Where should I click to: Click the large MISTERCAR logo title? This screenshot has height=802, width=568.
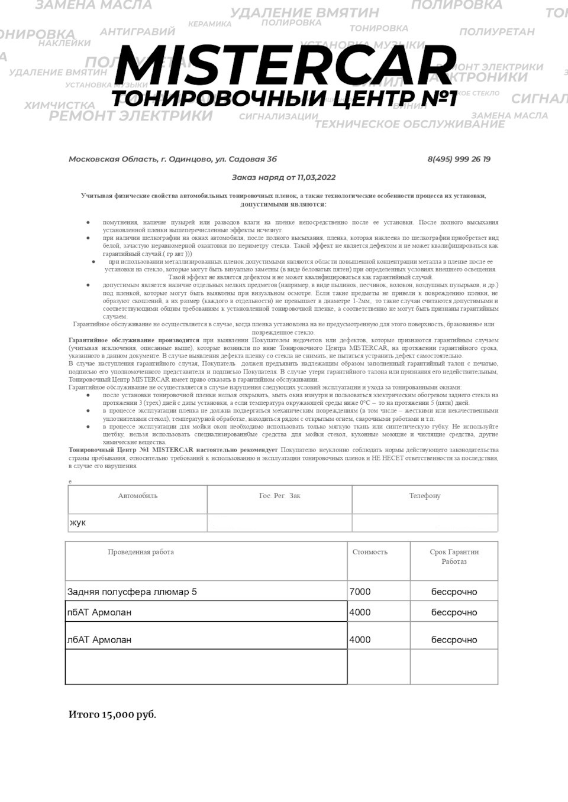pos(285,65)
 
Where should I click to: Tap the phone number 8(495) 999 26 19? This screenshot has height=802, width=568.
pos(459,159)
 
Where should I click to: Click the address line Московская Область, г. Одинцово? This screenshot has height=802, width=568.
pos(172,159)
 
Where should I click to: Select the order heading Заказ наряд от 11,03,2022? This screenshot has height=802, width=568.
pos(283,177)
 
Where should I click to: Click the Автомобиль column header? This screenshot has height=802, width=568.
pos(138,496)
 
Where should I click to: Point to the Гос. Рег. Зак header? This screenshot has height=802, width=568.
pos(279,496)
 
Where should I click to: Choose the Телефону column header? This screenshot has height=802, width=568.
pos(425,496)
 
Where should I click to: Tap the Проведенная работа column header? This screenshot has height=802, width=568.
pos(141,552)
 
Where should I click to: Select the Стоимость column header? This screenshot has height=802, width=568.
pos(370,552)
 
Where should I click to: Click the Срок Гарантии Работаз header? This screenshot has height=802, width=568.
pos(454,557)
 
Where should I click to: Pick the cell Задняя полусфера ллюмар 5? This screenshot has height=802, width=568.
pos(132,592)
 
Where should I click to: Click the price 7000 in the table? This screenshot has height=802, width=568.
pos(360,592)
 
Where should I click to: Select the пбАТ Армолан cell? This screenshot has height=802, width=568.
pos(99,612)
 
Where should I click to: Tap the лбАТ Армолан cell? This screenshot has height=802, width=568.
pos(99,639)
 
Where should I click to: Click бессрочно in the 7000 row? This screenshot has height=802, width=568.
pos(454,592)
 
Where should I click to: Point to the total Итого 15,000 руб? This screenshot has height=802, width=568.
pos(112,715)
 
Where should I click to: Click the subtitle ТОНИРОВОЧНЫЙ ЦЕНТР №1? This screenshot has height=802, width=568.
pos(285,98)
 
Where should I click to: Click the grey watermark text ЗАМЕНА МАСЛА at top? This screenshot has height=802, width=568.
pos(93,5)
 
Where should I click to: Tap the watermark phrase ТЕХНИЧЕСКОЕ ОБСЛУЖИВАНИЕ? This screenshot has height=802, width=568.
pos(409,124)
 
